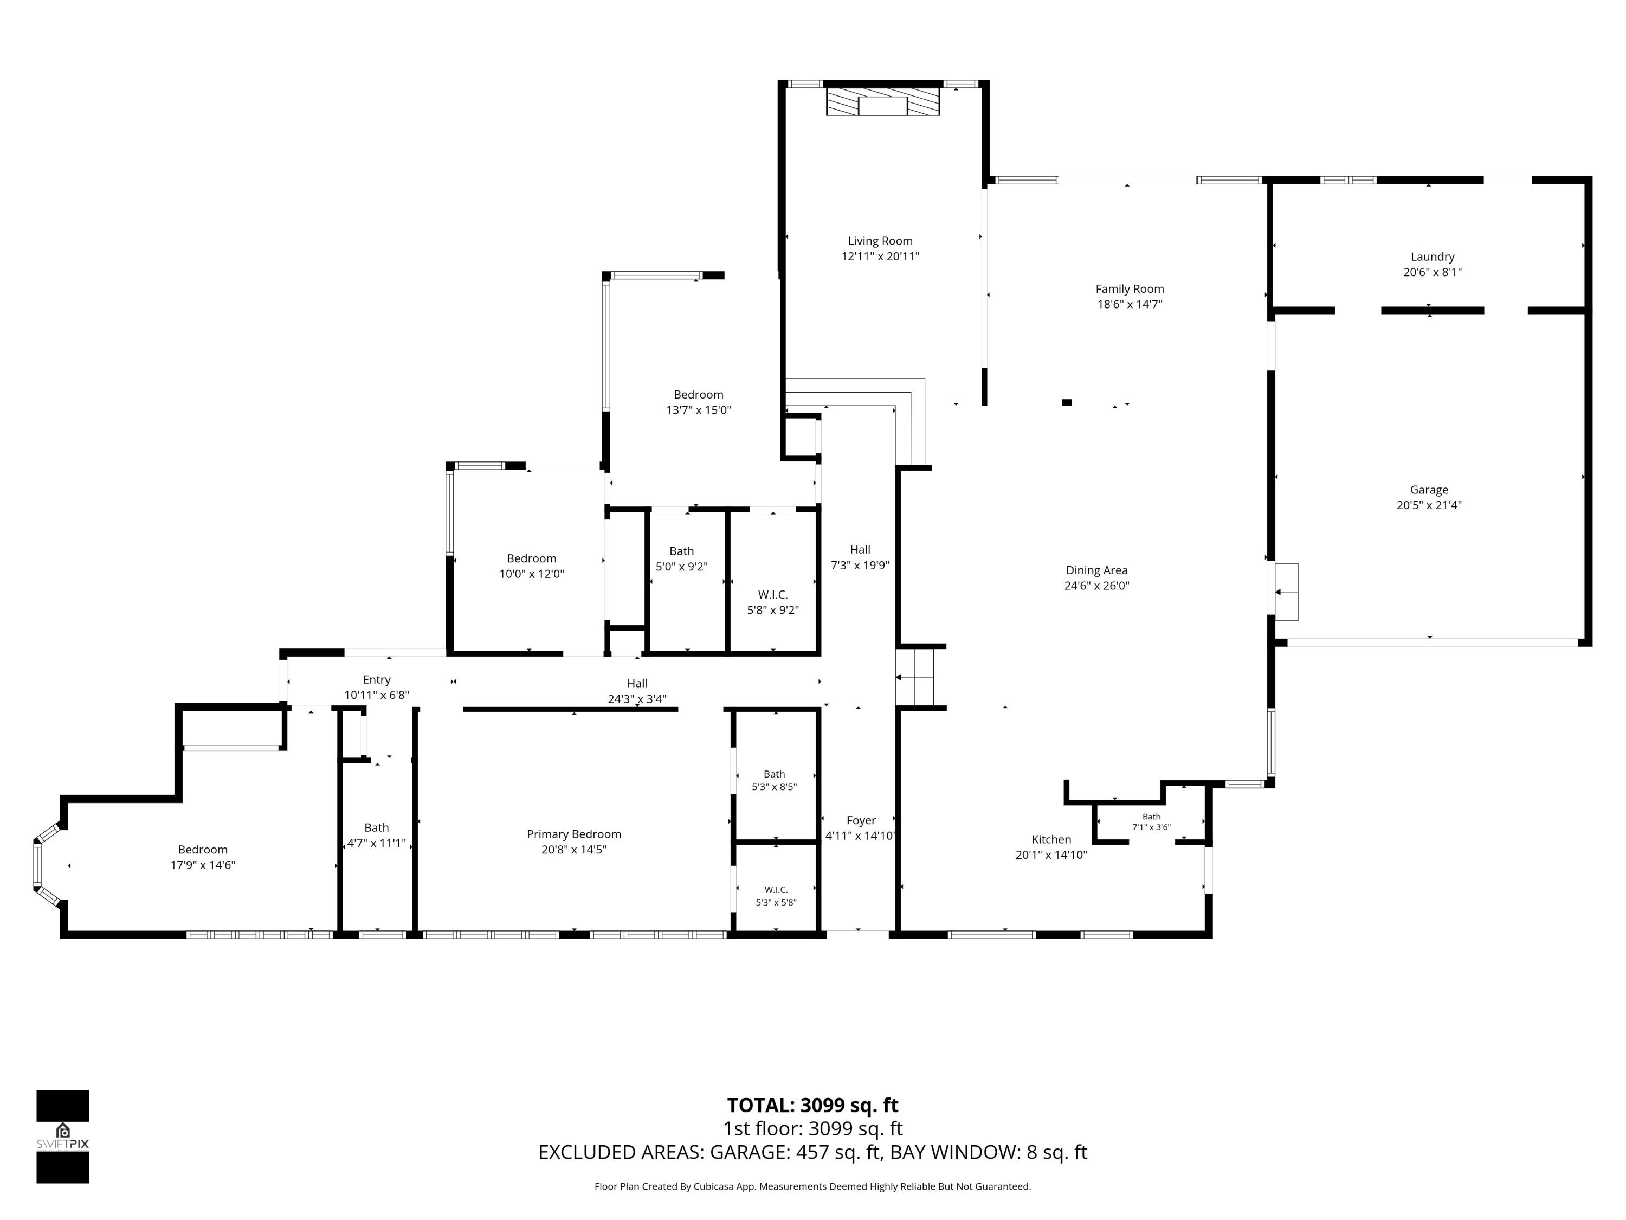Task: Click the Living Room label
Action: tap(880, 240)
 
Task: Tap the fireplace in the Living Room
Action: tap(883, 103)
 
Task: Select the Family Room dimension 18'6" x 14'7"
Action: tap(1130, 304)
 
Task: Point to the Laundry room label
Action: tap(1432, 256)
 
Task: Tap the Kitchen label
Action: tap(1051, 839)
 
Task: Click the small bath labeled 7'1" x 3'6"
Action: tap(1151, 821)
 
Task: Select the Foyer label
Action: tap(861, 820)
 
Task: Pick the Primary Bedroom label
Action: tap(574, 834)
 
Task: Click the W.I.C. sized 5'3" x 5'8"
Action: tap(776, 896)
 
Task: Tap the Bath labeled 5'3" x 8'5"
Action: tap(774, 780)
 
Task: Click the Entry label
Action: tap(376, 679)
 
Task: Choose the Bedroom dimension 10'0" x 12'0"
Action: tap(532, 574)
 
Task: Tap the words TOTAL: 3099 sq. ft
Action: tap(812, 1105)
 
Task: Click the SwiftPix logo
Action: tap(62, 1136)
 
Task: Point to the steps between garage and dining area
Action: tap(1286, 592)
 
